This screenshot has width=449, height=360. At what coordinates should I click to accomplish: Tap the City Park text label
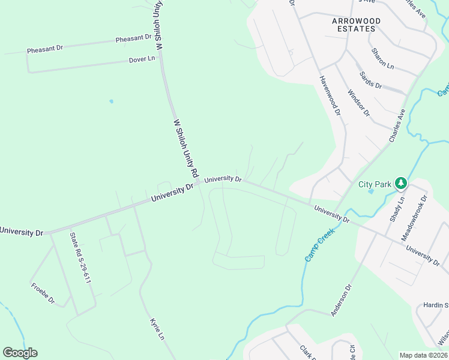click(375, 184)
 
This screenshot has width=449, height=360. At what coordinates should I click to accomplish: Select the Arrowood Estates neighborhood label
click(356, 25)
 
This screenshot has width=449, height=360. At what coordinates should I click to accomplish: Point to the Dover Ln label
click(142, 59)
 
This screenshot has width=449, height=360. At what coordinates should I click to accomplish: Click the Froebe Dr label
click(43, 292)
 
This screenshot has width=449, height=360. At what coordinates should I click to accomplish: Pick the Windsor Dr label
click(359, 103)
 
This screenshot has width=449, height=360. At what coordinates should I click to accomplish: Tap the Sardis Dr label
click(370, 80)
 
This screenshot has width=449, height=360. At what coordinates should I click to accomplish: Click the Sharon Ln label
click(382, 58)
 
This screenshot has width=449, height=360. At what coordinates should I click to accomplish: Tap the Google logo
click(20, 353)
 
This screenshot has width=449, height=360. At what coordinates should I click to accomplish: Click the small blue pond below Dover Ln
click(111, 101)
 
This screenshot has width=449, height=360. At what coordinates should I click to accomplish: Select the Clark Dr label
click(307, 352)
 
